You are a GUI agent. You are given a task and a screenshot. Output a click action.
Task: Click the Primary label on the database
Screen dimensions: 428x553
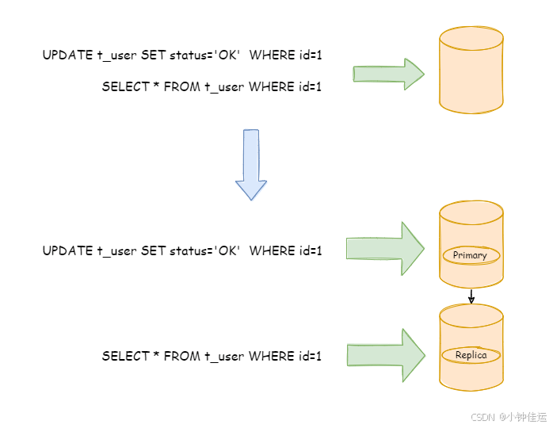(471, 255)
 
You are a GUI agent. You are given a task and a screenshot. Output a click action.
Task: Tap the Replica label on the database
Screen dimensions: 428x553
(471, 356)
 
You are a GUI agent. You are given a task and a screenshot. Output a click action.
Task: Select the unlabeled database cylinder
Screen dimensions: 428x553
(471, 75)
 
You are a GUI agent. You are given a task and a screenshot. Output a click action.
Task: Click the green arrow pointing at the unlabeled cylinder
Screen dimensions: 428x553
(388, 75)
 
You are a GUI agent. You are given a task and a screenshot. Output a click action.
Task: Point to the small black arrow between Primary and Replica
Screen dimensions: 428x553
(471, 297)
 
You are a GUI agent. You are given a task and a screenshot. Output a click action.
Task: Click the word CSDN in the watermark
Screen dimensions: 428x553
(482, 416)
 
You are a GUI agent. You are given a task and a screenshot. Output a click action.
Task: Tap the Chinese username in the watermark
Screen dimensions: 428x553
(522, 416)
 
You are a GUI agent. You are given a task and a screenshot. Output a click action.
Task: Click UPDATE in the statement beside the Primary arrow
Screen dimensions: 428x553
(67, 251)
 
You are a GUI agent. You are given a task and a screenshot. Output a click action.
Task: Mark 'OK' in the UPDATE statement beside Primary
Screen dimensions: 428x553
(227, 251)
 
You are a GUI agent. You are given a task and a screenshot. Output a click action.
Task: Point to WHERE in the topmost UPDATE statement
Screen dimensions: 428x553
(272, 55)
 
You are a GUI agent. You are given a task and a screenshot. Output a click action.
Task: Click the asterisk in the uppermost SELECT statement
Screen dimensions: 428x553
(156, 87)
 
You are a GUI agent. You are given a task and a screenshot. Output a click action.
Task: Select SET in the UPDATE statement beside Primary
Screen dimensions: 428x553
(154, 251)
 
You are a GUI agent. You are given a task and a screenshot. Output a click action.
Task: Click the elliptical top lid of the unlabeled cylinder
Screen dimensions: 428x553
(471, 36)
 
